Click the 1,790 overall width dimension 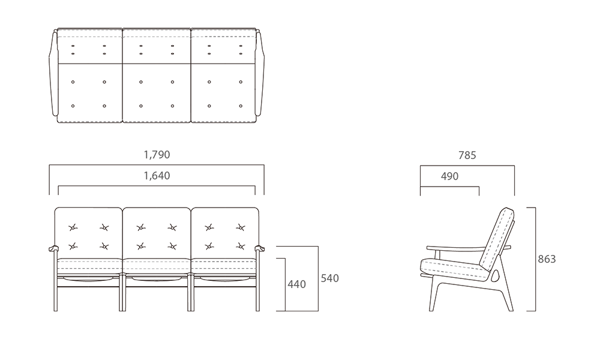157,155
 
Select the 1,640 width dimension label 157,176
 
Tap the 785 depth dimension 467,155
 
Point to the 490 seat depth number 449,176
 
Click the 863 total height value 547,259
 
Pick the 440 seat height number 297,284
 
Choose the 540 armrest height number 330,278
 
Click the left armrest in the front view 53,248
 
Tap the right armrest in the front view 260,248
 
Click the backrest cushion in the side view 497,239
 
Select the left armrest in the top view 53,73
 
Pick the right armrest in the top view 260,73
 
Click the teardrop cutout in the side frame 495,275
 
